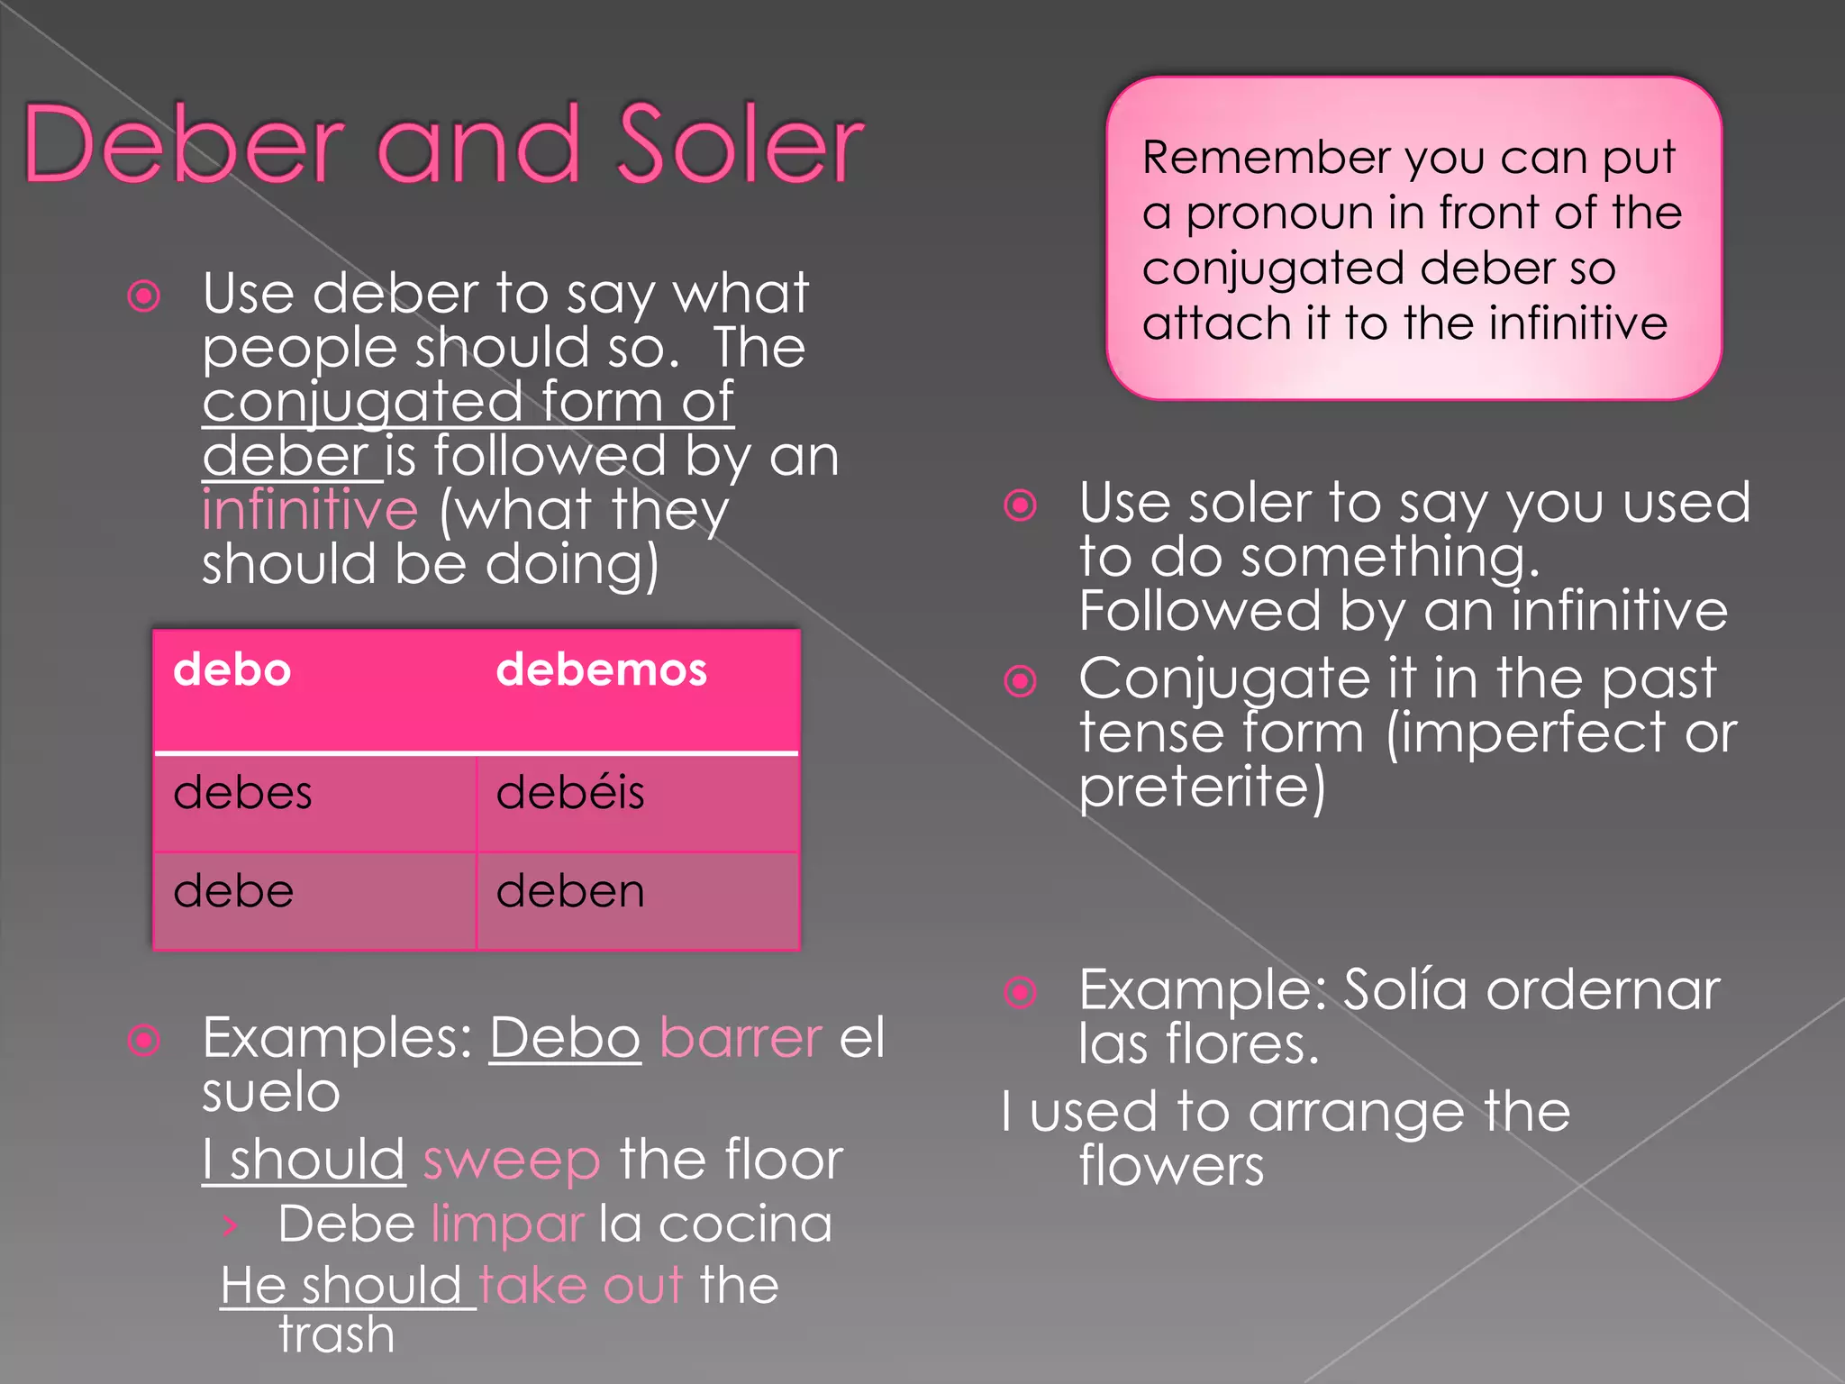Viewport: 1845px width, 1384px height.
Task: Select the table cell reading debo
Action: (x=232, y=670)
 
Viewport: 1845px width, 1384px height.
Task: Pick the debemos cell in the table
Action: (x=602, y=670)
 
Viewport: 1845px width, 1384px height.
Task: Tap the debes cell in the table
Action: (x=242, y=793)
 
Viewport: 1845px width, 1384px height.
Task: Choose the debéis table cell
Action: (x=570, y=793)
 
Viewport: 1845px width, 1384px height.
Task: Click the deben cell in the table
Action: (x=570, y=892)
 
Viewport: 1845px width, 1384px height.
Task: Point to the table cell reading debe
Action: (x=233, y=892)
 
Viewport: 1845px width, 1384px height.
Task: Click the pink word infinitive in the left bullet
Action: (x=310, y=510)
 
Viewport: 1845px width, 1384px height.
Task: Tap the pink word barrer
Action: (x=741, y=1038)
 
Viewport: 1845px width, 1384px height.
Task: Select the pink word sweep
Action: (x=511, y=1161)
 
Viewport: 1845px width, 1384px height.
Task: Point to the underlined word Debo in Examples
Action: (x=565, y=1038)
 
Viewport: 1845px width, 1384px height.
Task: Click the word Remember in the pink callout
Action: (x=1266, y=158)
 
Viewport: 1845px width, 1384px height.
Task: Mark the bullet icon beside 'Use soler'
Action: (x=1021, y=505)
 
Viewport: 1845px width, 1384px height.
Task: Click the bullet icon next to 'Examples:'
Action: (x=144, y=1041)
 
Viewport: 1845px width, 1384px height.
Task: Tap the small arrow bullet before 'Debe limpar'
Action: (x=231, y=1225)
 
